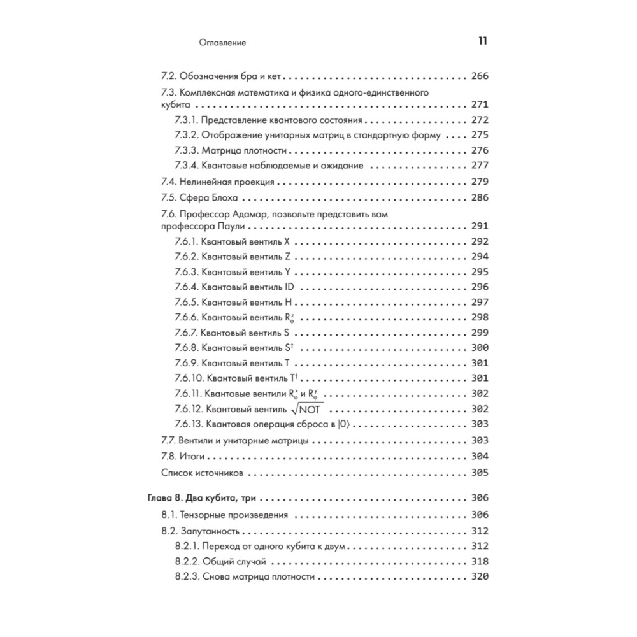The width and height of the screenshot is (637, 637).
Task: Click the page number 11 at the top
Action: tap(482, 42)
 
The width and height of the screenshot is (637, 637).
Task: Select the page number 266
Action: tap(479, 76)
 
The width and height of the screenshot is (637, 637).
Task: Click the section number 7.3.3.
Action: tap(186, 151)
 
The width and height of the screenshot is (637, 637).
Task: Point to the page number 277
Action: tap(479, 166)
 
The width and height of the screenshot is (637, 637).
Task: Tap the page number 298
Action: tap(479, 317)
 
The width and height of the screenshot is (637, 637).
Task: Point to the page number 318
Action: tap(479, 562)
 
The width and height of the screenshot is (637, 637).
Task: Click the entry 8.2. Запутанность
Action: tap(201, 531)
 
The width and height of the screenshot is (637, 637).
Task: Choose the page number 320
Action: tap(479, 577)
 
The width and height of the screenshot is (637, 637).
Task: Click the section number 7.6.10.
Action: tap(189, 378)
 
